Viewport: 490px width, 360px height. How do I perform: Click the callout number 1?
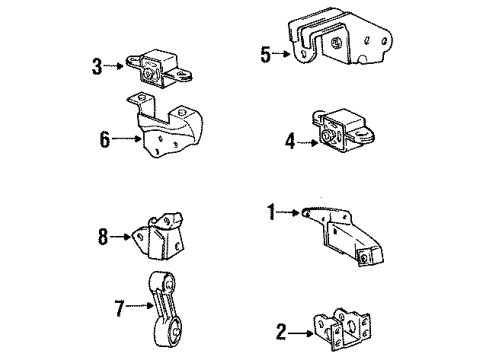pyautogui.click(x=270, y=212)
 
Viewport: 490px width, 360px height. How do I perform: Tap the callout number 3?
pyautogui.click(x=96, y=68)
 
